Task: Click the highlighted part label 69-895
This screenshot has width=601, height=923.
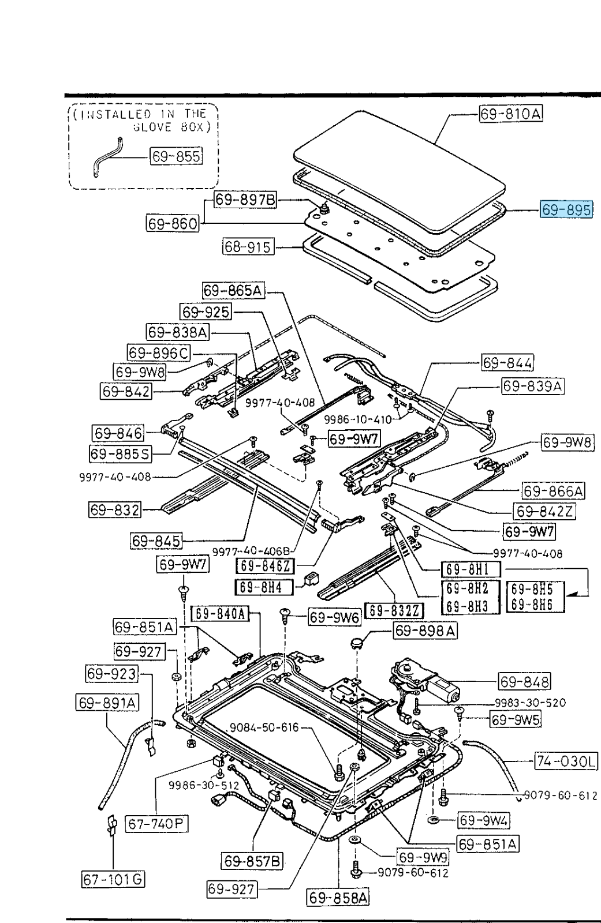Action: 566,210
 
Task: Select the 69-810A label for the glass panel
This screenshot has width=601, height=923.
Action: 511,114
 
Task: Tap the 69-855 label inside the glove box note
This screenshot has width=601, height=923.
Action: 176,156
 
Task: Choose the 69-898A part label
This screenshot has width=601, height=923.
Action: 425,631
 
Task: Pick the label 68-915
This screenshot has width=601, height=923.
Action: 248,247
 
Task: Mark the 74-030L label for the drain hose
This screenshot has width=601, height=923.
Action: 566,761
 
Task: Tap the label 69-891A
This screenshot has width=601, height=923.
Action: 107,703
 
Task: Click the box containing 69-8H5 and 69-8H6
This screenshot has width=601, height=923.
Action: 535,597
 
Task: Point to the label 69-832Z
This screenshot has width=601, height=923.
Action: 394,610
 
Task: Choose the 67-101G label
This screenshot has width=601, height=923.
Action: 113,879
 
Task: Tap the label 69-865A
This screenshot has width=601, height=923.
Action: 233,291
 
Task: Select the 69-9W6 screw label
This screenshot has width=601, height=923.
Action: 334,617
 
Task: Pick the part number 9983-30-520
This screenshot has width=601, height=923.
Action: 530,703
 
